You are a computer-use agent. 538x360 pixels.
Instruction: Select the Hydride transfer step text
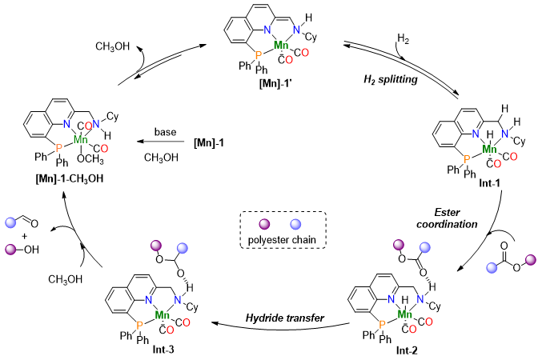[x=275, y=318]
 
